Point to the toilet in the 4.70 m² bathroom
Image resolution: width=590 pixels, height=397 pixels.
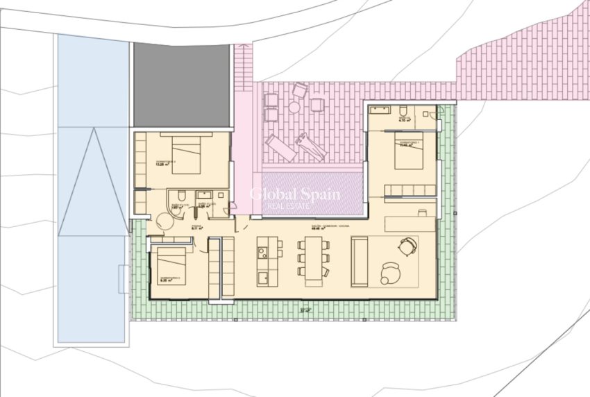pyautogui.click(x=403, y=111)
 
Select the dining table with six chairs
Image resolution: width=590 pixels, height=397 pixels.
pyautogui.click(x=314, y=258)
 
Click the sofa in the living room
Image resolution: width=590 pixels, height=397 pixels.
pyautogui.click(x=360, y=261)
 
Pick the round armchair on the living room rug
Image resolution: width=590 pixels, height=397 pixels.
pyautogui.click(x=391, y=272)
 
